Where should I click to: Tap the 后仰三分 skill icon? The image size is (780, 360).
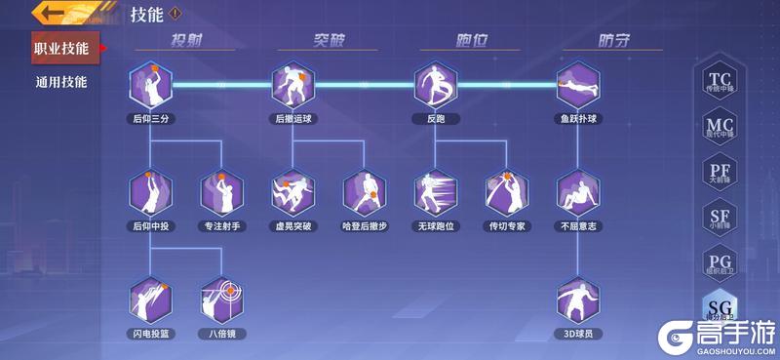tap(150, 86)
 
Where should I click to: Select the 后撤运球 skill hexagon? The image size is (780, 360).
tap(292, 86)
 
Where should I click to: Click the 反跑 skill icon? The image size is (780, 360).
tap(435, 86)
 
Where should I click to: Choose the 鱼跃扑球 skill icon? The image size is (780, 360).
tap(578, 86)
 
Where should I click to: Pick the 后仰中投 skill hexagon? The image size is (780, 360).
tap(150, 193)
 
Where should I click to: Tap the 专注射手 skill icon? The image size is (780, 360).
tap(221, 193)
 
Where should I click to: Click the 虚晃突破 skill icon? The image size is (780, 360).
tap(292, 193)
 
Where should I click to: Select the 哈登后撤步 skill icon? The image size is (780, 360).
tap(364, 193)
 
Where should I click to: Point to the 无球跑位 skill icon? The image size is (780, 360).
tap(435, 193)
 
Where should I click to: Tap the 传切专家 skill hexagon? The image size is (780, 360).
tap(506, 193)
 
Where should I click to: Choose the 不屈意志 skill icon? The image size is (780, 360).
tap(578, 193)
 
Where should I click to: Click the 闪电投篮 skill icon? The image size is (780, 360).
tap(150, 300)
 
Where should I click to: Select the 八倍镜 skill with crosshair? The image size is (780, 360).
tap(221, 300)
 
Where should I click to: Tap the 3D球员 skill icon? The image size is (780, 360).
tap(578, 300)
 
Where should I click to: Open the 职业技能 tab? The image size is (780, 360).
tap(60, 48)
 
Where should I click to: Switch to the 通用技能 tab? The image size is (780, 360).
tap(60, 82)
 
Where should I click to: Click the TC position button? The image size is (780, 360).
tap(720, 81)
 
